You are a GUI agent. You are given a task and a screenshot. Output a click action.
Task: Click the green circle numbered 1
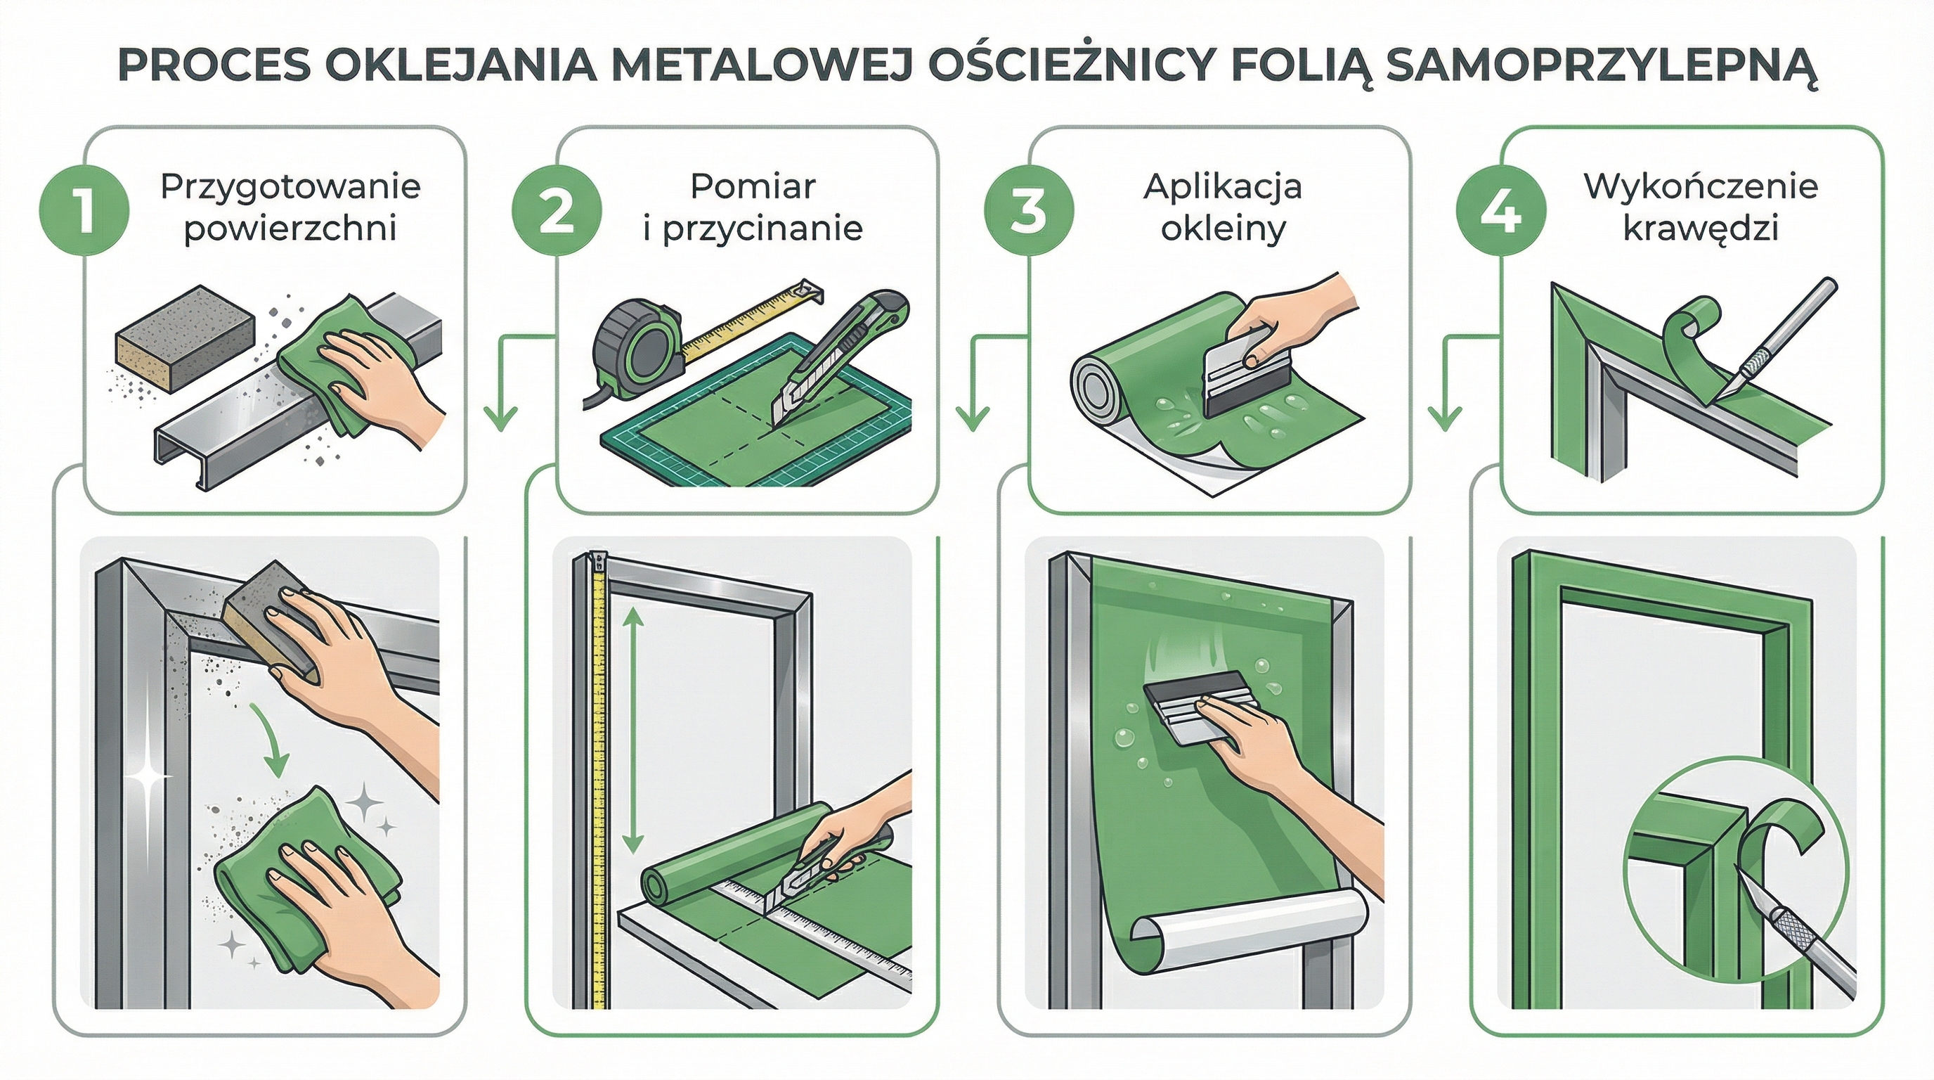click(84, 210)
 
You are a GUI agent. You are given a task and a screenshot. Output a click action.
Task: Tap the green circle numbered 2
click(557, 210)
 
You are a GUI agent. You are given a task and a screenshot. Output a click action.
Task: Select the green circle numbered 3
click(1029, 210)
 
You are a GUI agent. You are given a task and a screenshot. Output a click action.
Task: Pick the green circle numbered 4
click(1501, 210)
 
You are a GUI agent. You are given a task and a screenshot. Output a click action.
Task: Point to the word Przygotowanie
click(290, 186)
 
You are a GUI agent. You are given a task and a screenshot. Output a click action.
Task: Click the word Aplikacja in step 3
click(1222, 186)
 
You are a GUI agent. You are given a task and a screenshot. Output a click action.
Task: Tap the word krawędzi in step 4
click(1701, 229)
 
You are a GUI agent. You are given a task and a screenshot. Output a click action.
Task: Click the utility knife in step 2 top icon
click(841, 356)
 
